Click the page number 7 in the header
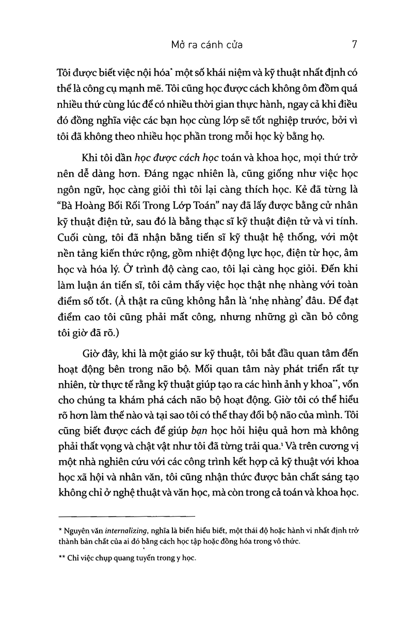pos(355,44)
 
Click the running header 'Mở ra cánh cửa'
pos(206,45)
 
